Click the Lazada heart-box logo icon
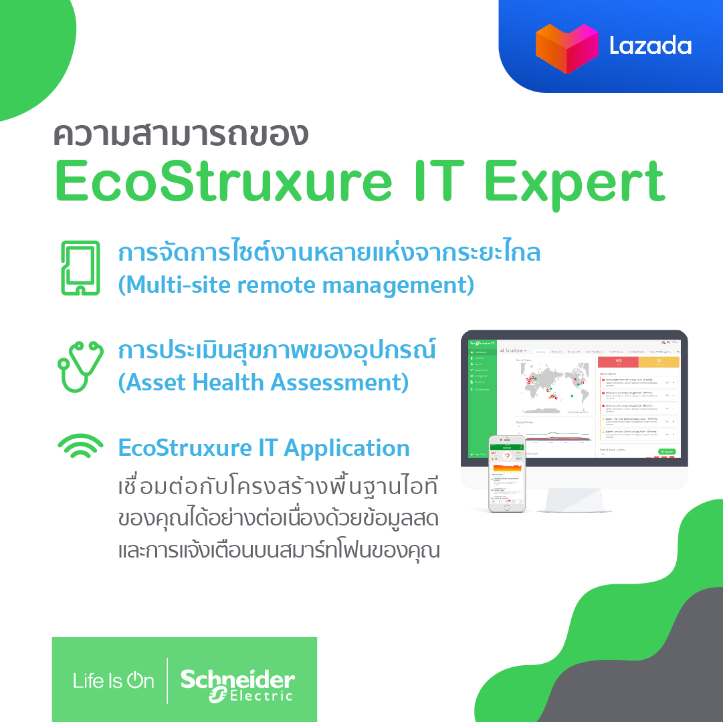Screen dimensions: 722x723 point(566,47)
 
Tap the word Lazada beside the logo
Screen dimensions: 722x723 point(649,46)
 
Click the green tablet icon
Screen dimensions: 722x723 point(80,268)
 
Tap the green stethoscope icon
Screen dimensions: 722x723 point(80,366)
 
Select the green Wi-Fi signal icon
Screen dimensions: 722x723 point(80,447)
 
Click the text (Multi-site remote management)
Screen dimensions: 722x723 point(296,285)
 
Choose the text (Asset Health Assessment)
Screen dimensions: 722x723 point(264,382)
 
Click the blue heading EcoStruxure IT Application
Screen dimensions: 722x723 point(264,447)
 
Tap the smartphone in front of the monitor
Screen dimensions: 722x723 point(507,473)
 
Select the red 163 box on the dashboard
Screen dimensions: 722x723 point(617,362)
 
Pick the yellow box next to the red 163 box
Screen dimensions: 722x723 point(659,362)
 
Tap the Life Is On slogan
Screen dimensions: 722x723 point(113,681)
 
